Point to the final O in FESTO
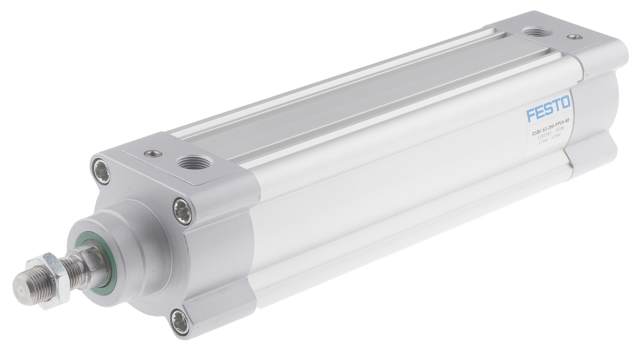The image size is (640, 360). pos(566,102)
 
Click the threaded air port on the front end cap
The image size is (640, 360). pos(190,162)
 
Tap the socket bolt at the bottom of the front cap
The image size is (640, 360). pos(179,320)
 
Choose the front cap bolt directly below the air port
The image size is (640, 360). pos(181,209)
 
